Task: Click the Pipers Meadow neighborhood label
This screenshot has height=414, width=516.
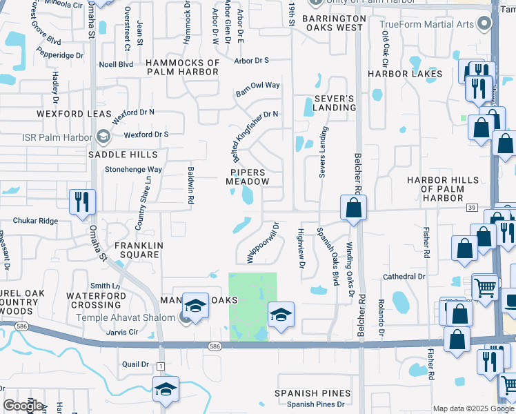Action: click(x=247, y=176)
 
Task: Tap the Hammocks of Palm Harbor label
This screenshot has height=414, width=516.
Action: click(x=183, y=68)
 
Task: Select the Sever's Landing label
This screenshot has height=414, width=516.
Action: click(x=335, y=103)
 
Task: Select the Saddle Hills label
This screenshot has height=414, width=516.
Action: click(x=123, y=155)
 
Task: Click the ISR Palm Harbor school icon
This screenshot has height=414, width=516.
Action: click(x=103, y=137)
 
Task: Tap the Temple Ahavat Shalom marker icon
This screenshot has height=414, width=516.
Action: click(x=185, y=317)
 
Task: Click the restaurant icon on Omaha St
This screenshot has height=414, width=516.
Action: click(x=82, y=202)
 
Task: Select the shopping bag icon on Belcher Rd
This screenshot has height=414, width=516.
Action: click(x=353, y=208)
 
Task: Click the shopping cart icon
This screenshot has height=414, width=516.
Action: click(x=485, y=286)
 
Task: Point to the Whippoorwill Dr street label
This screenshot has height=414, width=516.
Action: click(x=263, y=242)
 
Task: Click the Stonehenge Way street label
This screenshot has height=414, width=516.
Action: click(x=133, y=169)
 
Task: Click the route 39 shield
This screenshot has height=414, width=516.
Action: click(x=472, y=207)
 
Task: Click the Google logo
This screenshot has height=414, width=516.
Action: click(x=23, y=406)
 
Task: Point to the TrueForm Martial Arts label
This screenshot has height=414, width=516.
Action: click(x=428, y=24)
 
